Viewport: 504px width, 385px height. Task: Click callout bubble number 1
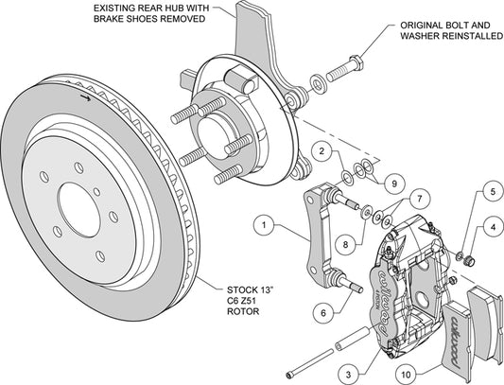click(264, 225)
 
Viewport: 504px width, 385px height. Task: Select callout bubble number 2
click(322, 151)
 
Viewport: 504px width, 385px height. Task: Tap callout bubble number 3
click(349, 374)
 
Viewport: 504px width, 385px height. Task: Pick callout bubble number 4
click(493, 228)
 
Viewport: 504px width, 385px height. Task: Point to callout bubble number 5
click(493, 192)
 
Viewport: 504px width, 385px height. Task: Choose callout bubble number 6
click(323, 312)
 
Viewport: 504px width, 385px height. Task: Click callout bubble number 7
click(419, 199)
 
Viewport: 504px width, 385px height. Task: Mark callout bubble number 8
click(345, 244)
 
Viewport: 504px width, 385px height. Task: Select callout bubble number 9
click(394, 184)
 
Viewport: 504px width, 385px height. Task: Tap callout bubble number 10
click(407, 374)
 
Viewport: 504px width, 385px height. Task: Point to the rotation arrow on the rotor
click(85, 97)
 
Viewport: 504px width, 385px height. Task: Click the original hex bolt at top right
click(344, 68)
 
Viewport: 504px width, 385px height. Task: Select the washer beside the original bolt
click(319, 83)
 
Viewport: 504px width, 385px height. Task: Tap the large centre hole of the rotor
click(78, 210)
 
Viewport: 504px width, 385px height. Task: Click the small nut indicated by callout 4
click(470, 260)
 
